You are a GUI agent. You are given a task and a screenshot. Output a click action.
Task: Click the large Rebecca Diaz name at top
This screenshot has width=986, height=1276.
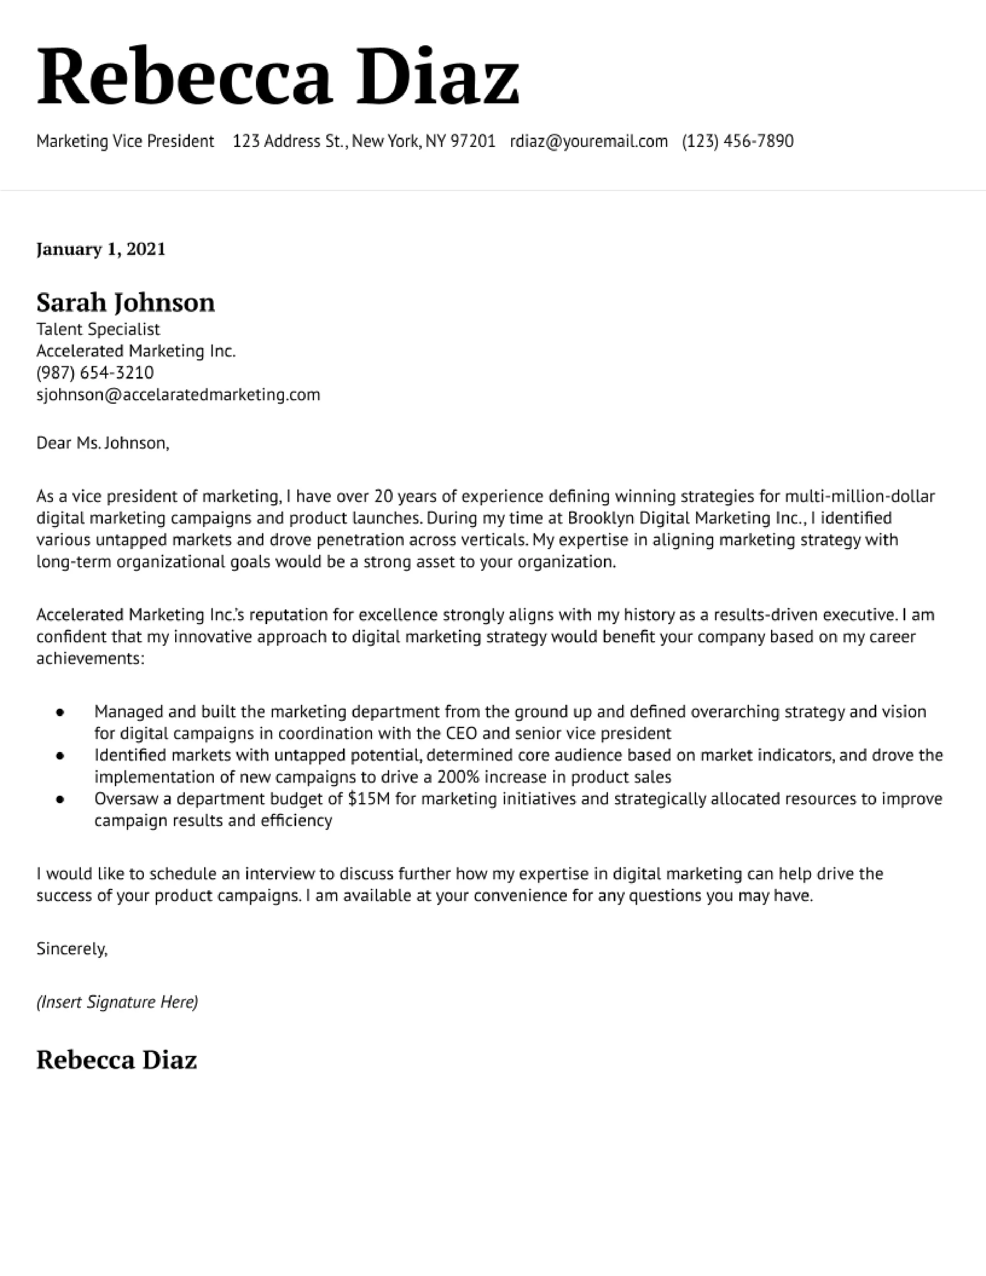(x=278, y=78)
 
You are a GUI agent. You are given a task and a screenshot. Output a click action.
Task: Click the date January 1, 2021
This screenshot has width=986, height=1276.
(x=101, y=249)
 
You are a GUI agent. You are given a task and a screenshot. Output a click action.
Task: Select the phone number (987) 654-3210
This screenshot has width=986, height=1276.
(x=95, y=373)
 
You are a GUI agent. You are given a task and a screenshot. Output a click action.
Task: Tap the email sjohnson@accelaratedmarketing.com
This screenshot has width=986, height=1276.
(x=178, y=395)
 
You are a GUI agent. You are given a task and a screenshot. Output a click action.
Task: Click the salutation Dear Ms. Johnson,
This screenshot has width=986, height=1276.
(x=102, y=444)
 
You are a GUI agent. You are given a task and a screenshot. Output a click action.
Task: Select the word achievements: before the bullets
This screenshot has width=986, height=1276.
(x=90, y=659)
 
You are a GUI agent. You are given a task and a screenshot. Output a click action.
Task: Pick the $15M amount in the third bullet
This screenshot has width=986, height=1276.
(x=368, y=799)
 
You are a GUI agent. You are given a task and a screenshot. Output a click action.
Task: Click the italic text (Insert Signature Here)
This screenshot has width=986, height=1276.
(x=117, y=1003)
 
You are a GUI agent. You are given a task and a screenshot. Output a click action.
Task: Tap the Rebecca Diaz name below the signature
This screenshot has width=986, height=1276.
(x=116, y=1060)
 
